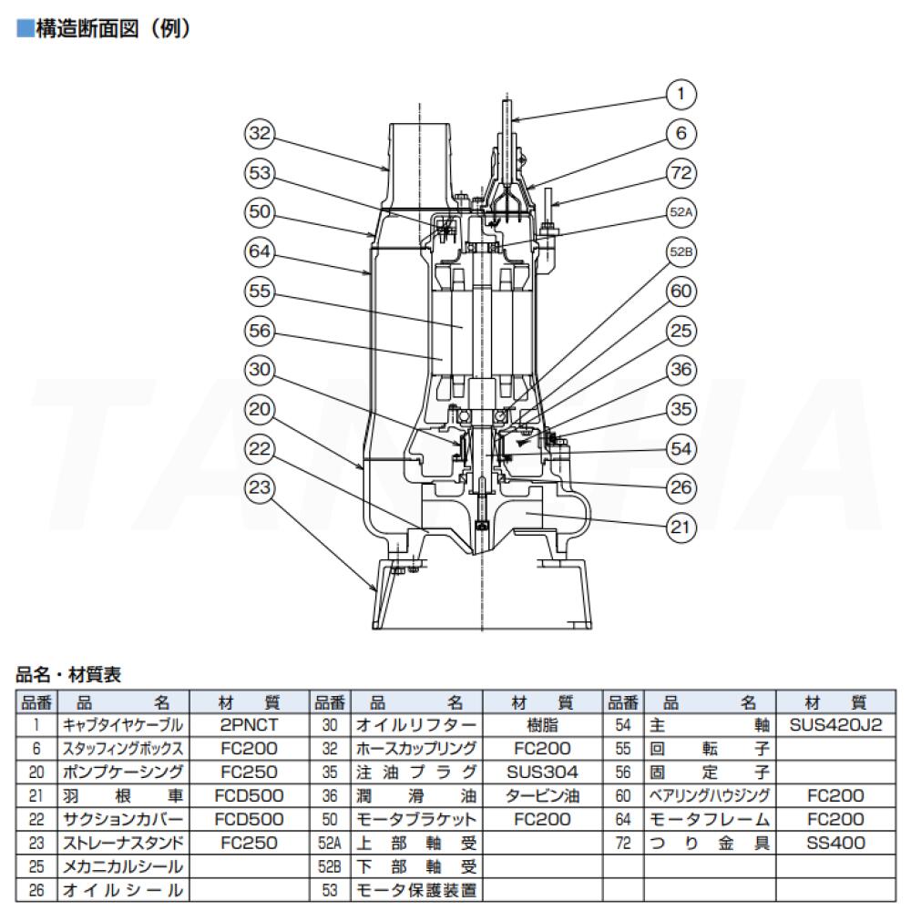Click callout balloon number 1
(x=681, y=92)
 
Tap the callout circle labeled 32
(x=261, y=135)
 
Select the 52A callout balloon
(x=682, y=211)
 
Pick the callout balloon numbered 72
(x=681, y=172)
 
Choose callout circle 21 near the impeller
(x=681, y=526)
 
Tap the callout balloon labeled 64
(x=261, y=251)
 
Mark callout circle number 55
(x=261, y=292)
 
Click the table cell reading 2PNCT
(x=249, y=726)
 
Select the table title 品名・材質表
(x=68, y=676)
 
